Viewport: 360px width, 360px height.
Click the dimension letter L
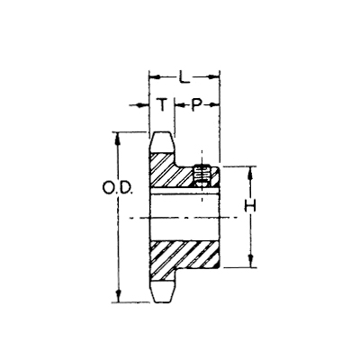coord(184,76)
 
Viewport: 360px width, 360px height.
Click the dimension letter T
coord(162,104)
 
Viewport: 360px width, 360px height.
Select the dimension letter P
coord(196,104)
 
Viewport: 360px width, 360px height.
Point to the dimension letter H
coord(250,206)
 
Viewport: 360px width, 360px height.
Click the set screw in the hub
coord(202,175)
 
